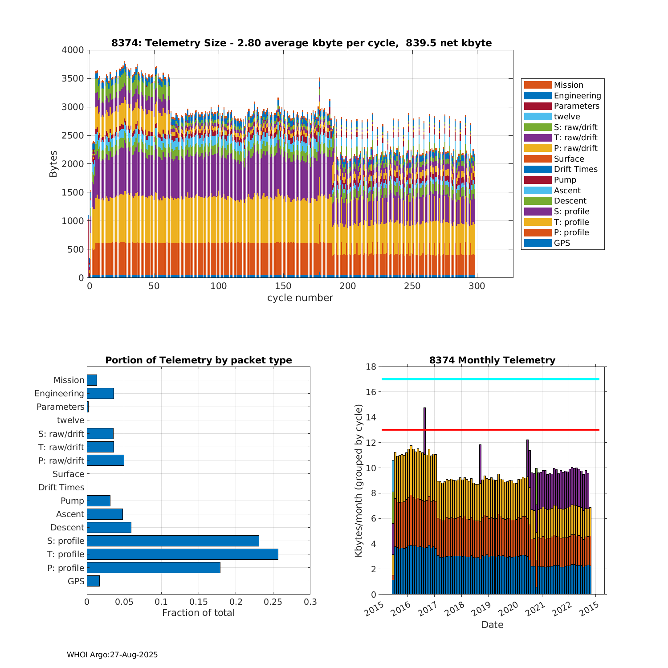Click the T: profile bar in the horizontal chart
(x=183, y=554)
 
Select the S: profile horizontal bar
(x=173, y=541)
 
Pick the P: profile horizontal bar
(x=154, y=567)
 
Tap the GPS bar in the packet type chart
(x=93, y=581)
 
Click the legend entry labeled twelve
(x=567, y=117)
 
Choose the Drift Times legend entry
(x=575, y=169)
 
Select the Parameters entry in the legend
(x=576, y=106)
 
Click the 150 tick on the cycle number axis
(x=283, y=286)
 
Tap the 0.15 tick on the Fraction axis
(x=199, y=602)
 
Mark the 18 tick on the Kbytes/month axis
(x=371, y=367)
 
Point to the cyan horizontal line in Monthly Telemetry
(x=490, y=379)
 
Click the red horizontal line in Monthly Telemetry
(x=490, y=430)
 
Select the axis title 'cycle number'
(x=300, y=298)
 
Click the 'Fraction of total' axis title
(x=198, y=613)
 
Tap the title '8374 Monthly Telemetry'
(x=492, y=360)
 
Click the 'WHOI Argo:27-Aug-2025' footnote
(x=112, y=655)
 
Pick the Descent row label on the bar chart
(x=67, y=527)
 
